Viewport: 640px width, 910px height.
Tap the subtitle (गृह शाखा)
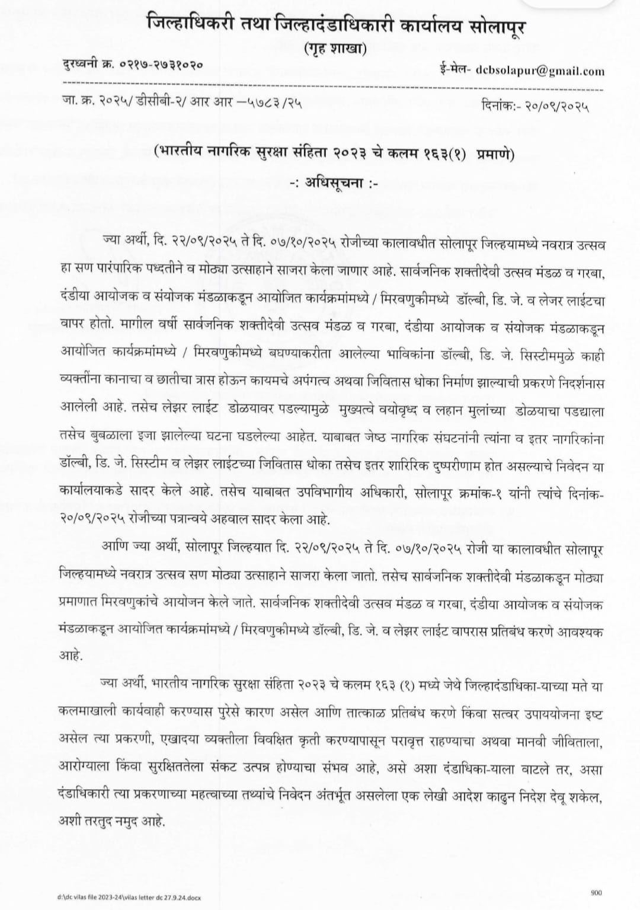click(335, 49)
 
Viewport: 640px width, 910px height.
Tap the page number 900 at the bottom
click(596, 893)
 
